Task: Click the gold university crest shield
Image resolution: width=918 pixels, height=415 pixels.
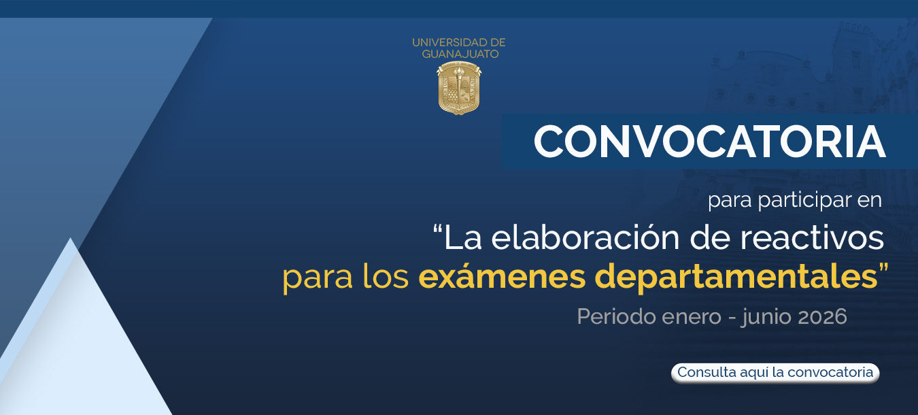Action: point(458,88)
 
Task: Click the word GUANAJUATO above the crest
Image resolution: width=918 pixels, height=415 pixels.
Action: point(460,54)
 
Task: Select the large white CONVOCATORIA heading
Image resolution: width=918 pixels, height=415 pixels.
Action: point(709,142)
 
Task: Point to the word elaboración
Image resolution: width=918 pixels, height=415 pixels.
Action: point(588,238)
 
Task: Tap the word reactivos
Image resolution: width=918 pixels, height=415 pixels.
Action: point(812,238)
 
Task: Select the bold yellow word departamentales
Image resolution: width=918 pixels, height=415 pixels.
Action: point(736,277)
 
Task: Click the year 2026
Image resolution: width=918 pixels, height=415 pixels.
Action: point(823,316)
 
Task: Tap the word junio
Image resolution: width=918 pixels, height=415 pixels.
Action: point(766,318)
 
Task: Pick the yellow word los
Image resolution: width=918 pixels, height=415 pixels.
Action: point(386,276)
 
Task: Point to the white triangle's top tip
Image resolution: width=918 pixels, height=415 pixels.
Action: point(71,238)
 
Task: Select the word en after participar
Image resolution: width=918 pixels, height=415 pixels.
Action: point(870,201)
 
